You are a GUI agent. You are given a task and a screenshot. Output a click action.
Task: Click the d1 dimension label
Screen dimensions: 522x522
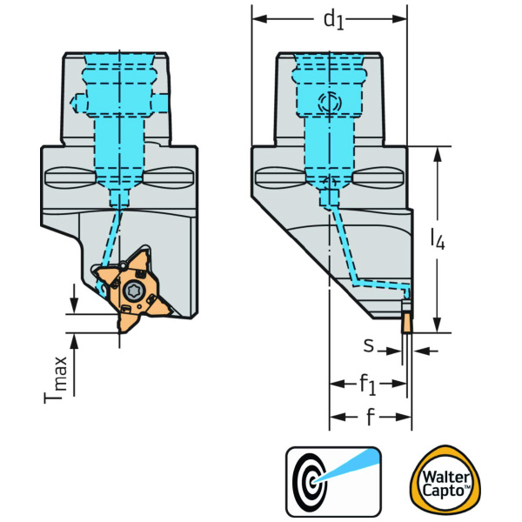point(333,20)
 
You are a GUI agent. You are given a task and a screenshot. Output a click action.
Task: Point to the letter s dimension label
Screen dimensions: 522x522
point(369,346)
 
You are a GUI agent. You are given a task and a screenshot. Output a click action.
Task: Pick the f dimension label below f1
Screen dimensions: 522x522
point(370,417)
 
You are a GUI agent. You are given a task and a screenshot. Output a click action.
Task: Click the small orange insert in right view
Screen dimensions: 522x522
point(405,322)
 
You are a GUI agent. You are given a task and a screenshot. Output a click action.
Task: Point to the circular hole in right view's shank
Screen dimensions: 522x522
point(327,102)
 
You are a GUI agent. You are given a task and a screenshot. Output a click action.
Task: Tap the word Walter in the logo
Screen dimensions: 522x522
point(445,472)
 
